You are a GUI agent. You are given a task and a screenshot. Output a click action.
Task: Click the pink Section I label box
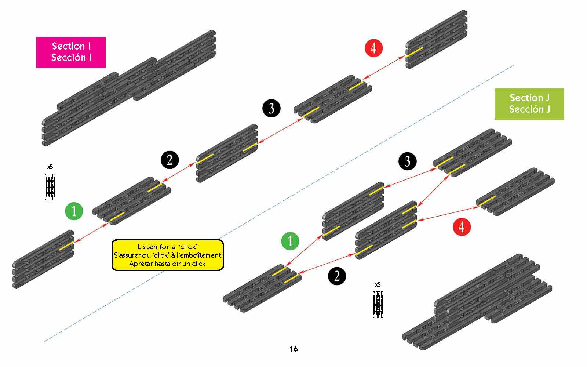pyautogui.click(x=71, y=52)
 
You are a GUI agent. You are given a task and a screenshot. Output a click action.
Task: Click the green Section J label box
pyautogui.click(x=529, y=104)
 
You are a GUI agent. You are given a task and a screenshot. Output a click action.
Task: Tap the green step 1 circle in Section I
pyautogui.click(x=74, y=211)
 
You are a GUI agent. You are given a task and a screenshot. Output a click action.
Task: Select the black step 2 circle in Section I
pyautogui.click(x=169, y=160)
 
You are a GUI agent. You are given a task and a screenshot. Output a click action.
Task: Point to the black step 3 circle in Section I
pyautogui.click(x=271, y=108)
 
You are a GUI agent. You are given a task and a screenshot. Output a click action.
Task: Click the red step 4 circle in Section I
pyautogui.click(x=373, y=48)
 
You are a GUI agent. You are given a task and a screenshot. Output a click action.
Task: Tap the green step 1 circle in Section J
pyautogui.click(x=290, y=241)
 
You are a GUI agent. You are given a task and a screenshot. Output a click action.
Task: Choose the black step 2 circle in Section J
pyautogui.click(x=337, y=276)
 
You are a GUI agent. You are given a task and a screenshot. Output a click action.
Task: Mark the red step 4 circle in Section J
pyautogui.click(x=462, y=226)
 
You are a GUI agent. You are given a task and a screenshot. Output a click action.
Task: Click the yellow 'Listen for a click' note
pyautogui.click(x=168, y=255)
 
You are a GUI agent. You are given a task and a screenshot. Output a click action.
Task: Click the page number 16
pyautogui.click(x=293, y=349)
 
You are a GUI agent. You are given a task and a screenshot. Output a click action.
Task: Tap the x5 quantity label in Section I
pyautogui.click(x=50, y=167)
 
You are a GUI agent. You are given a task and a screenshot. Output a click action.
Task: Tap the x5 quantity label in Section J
pyautogui.click(x=378, y=285)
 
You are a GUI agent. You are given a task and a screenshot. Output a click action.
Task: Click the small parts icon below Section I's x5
pyautogui.click(x=50, y=186)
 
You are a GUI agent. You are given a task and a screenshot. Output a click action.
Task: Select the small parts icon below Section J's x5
pyautogui.click(x=378, y=304)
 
